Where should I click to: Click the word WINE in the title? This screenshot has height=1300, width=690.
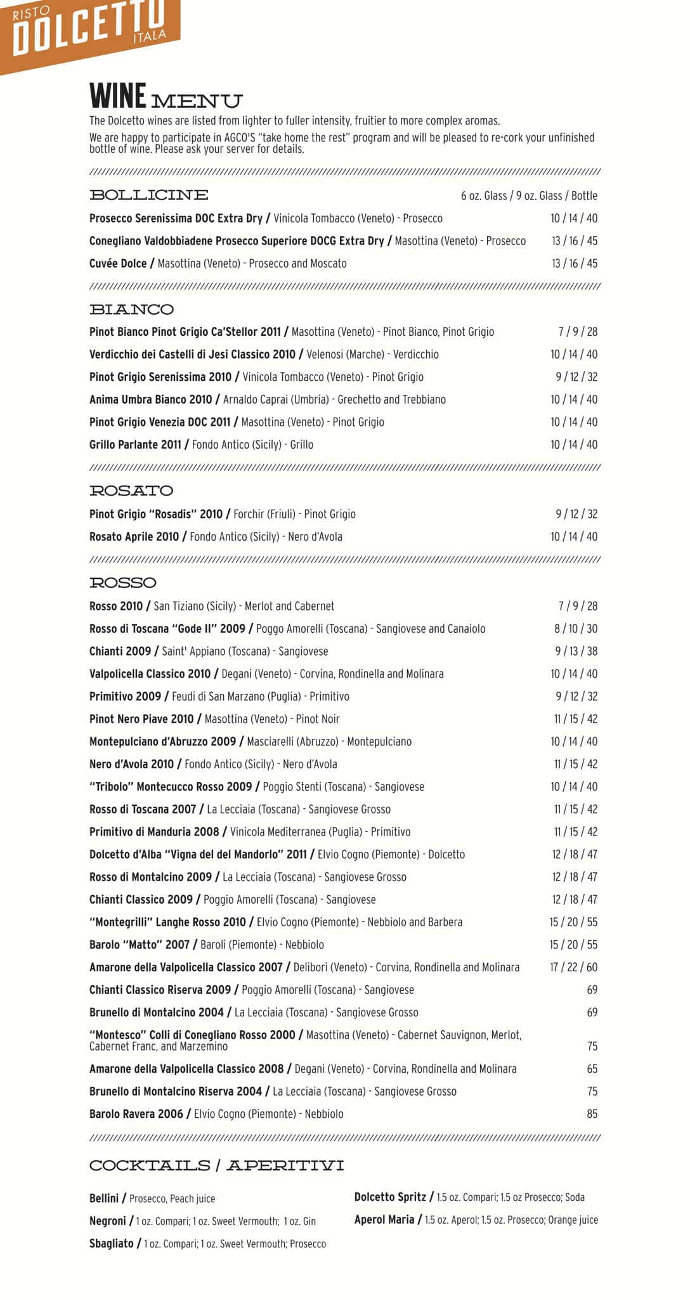(118, 96)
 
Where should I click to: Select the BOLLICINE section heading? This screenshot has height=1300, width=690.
(149, 195)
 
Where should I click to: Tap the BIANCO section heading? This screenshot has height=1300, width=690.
(131, 309)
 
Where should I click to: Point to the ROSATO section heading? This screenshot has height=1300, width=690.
(131, 491)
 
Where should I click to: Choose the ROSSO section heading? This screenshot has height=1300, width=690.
(123, 583)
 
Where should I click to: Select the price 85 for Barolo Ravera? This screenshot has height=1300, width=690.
(592, 1113)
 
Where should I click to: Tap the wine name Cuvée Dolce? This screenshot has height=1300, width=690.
(118, 263)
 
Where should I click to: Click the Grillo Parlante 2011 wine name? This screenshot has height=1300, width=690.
(135, 444)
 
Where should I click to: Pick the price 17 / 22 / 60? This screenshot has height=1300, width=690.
(573, 967)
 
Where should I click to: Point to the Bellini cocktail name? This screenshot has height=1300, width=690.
(104, 1198)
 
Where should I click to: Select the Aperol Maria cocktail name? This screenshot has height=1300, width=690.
(384, 1219)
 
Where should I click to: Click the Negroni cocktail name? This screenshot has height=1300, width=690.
(108, 1221)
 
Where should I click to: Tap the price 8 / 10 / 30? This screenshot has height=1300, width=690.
(575, 628)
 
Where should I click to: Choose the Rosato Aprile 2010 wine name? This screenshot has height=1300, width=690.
(134, 536)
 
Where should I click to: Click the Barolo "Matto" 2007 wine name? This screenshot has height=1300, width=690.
(140, 945)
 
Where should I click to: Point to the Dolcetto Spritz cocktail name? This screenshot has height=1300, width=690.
(390, 1197)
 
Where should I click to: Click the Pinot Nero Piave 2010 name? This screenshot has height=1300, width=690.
(141, 719)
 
